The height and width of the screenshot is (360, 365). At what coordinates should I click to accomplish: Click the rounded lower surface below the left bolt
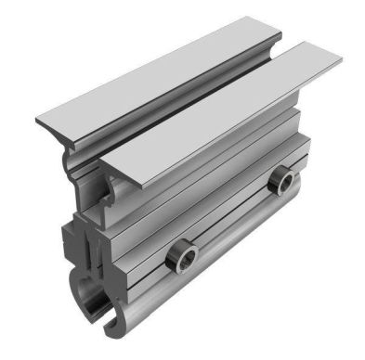pyautogui.click(x=186, y=292)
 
